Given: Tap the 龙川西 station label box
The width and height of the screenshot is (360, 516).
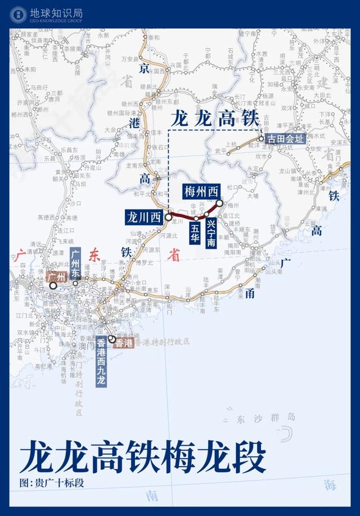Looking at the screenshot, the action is pyautogui.click(x=143, y=216).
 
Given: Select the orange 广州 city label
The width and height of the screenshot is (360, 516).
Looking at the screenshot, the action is pyautogui.click(x=57, y=277).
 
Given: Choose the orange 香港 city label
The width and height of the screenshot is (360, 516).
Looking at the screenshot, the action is pyautogui.click(x=124, y=343).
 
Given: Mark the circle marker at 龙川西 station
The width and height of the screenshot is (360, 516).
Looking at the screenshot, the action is pyautogui.click(x=168, y=216).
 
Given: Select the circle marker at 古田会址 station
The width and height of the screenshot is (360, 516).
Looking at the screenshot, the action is pyautogui.click(x=262, y=138).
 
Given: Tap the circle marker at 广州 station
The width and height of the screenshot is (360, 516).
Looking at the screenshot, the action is pyautogui.click(x=53, y=286).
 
